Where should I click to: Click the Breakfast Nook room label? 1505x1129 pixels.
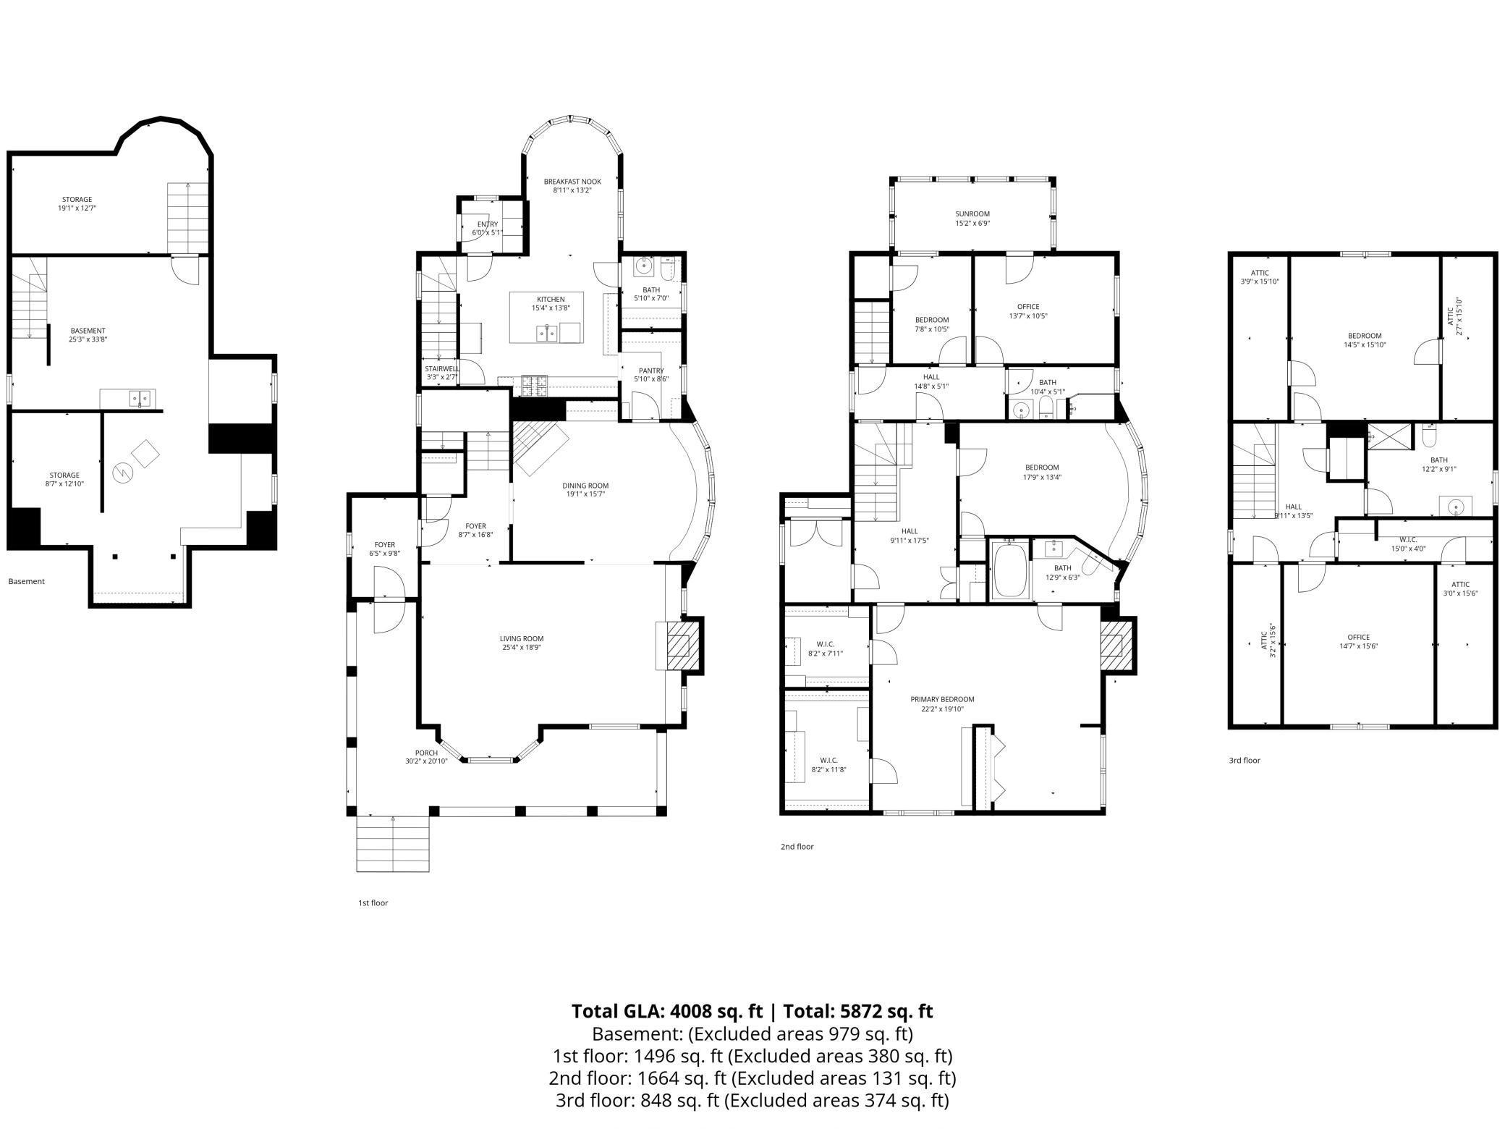pos(572,182)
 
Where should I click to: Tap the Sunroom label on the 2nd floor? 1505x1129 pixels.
pos(972,214)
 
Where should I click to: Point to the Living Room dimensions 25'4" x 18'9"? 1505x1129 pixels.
pos(521,648)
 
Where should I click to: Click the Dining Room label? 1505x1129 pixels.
pos(585,486)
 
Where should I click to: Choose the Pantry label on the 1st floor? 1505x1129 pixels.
pos(651,371)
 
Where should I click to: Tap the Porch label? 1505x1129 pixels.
pos(426,753)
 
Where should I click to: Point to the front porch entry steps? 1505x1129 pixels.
pos(393,844)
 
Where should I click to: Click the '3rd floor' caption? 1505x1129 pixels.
pos(1244,761)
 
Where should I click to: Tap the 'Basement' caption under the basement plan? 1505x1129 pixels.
pos(26,581)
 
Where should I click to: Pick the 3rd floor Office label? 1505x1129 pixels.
pos(1359,638)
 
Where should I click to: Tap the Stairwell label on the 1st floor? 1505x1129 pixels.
pos(441,369)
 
